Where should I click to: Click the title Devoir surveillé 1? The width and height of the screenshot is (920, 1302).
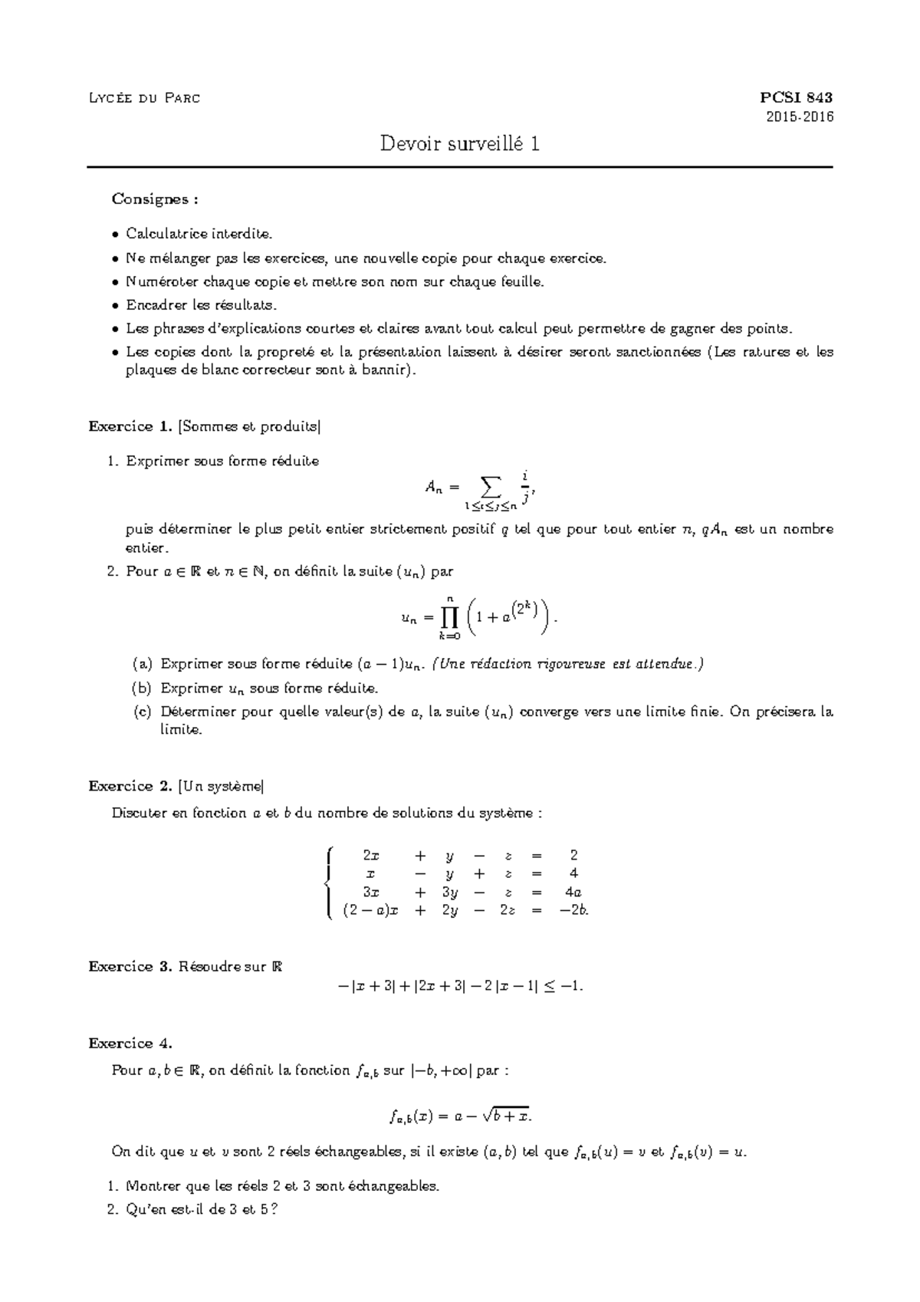460,143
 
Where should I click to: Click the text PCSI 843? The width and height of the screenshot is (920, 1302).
796,97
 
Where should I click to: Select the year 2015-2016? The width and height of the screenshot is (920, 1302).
800,117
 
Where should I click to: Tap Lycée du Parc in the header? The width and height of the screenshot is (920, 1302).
144,98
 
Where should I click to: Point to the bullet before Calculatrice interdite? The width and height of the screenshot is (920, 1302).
115,234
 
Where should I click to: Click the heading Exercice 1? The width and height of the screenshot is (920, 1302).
130,426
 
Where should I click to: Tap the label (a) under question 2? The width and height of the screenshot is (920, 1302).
143,664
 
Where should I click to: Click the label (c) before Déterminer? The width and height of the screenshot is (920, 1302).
143,712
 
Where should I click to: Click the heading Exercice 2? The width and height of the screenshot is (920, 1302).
130,786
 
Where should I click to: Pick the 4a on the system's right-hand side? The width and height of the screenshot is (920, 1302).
573,893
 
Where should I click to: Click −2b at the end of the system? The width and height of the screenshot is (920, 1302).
574,911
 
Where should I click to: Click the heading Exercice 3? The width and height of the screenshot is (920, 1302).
130,967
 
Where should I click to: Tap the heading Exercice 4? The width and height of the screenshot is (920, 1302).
130,1044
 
